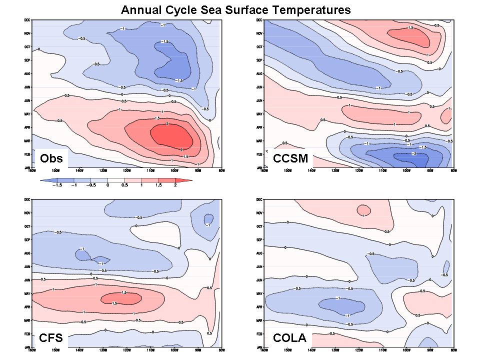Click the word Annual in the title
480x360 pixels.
[143, 9]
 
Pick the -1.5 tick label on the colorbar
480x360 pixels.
[57, 185]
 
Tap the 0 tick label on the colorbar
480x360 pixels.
[108, 185]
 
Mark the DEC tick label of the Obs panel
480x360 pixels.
[28, 20]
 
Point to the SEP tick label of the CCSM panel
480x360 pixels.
[259, 60]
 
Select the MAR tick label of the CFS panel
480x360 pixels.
[28, 320]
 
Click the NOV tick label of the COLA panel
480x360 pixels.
[259, 213]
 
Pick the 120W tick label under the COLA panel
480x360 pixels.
[358, 350]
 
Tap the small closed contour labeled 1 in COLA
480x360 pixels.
[363, 210]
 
